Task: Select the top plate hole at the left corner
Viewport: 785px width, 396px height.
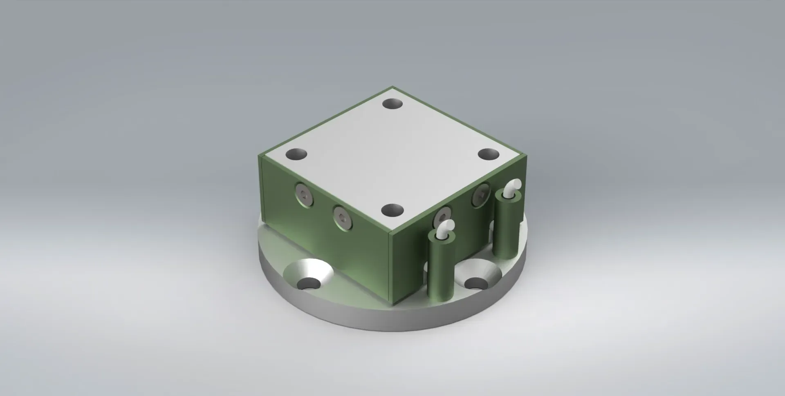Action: click(x=296, y=155)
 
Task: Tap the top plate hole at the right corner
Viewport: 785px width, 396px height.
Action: click(x=489, y=154)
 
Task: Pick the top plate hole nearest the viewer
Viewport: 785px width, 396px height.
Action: click(x=392, y=211)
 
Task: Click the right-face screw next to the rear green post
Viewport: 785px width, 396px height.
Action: click(x=481, y=196)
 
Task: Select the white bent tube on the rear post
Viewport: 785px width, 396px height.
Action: click(x=512, y=189)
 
